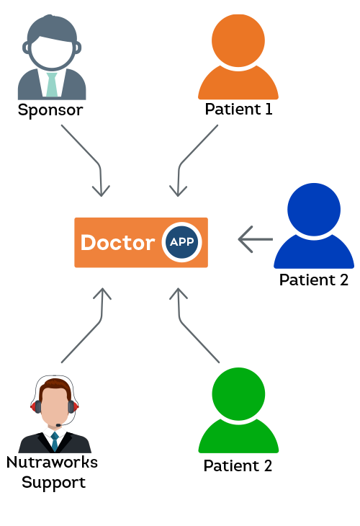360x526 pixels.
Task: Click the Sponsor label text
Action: click(x=50, y=110)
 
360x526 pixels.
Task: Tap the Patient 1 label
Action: click(x=238, y=109)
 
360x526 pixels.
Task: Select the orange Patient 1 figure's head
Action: click(x=238, y=40)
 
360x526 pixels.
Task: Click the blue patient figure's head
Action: click(x=314, y=210)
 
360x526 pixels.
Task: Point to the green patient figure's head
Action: click(x=238, y=394)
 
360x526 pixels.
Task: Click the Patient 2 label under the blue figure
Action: click(x=314, y=280)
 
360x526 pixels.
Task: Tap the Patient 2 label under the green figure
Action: click(x=238, y=465)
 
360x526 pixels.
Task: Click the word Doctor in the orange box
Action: click(x=118, y=243)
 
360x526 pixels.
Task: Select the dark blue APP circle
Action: click(x=181, y=242)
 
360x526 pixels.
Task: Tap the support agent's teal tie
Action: click(x=55, y=442)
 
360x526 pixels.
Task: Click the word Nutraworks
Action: click(x=52, y=463)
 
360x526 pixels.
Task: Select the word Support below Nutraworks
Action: click(x=53, y=483)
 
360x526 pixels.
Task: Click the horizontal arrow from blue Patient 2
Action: click(x=256, y=239)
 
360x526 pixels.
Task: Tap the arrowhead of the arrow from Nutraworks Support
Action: click(x=102, y=289)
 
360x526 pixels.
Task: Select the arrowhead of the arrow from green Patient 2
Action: click(x=179, y=289)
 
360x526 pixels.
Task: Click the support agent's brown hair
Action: click(x=55, y=385)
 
